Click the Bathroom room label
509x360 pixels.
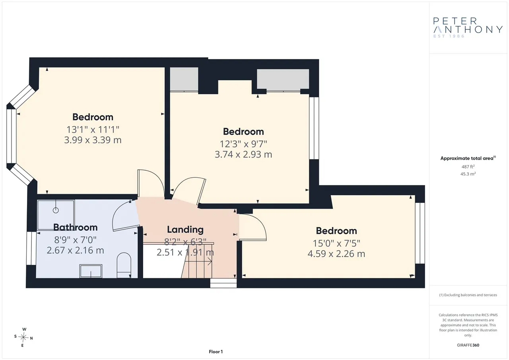point(76,227)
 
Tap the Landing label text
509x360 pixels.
point(185,230)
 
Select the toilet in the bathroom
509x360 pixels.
point(124,265)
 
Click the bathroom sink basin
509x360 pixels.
point(91,271)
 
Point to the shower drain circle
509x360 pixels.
point(56,210)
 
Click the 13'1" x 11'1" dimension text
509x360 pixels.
point(93,130)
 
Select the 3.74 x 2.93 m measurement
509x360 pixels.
point(243,155)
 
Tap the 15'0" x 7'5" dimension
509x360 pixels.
point(336,243)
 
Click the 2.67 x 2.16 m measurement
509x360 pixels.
point(76,251)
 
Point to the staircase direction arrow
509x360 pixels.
point(198,262)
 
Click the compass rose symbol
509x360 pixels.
point(23,337)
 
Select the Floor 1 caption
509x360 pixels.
point(216,352)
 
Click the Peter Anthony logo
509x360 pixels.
point(468,28)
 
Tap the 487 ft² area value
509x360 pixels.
point(468,167)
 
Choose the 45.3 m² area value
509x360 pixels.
point(468,174)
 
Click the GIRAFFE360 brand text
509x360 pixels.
point(468,345)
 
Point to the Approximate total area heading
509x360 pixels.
point(468,158)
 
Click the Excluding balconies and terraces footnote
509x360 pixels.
point(468,295)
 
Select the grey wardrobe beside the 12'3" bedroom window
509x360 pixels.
point(283,79)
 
